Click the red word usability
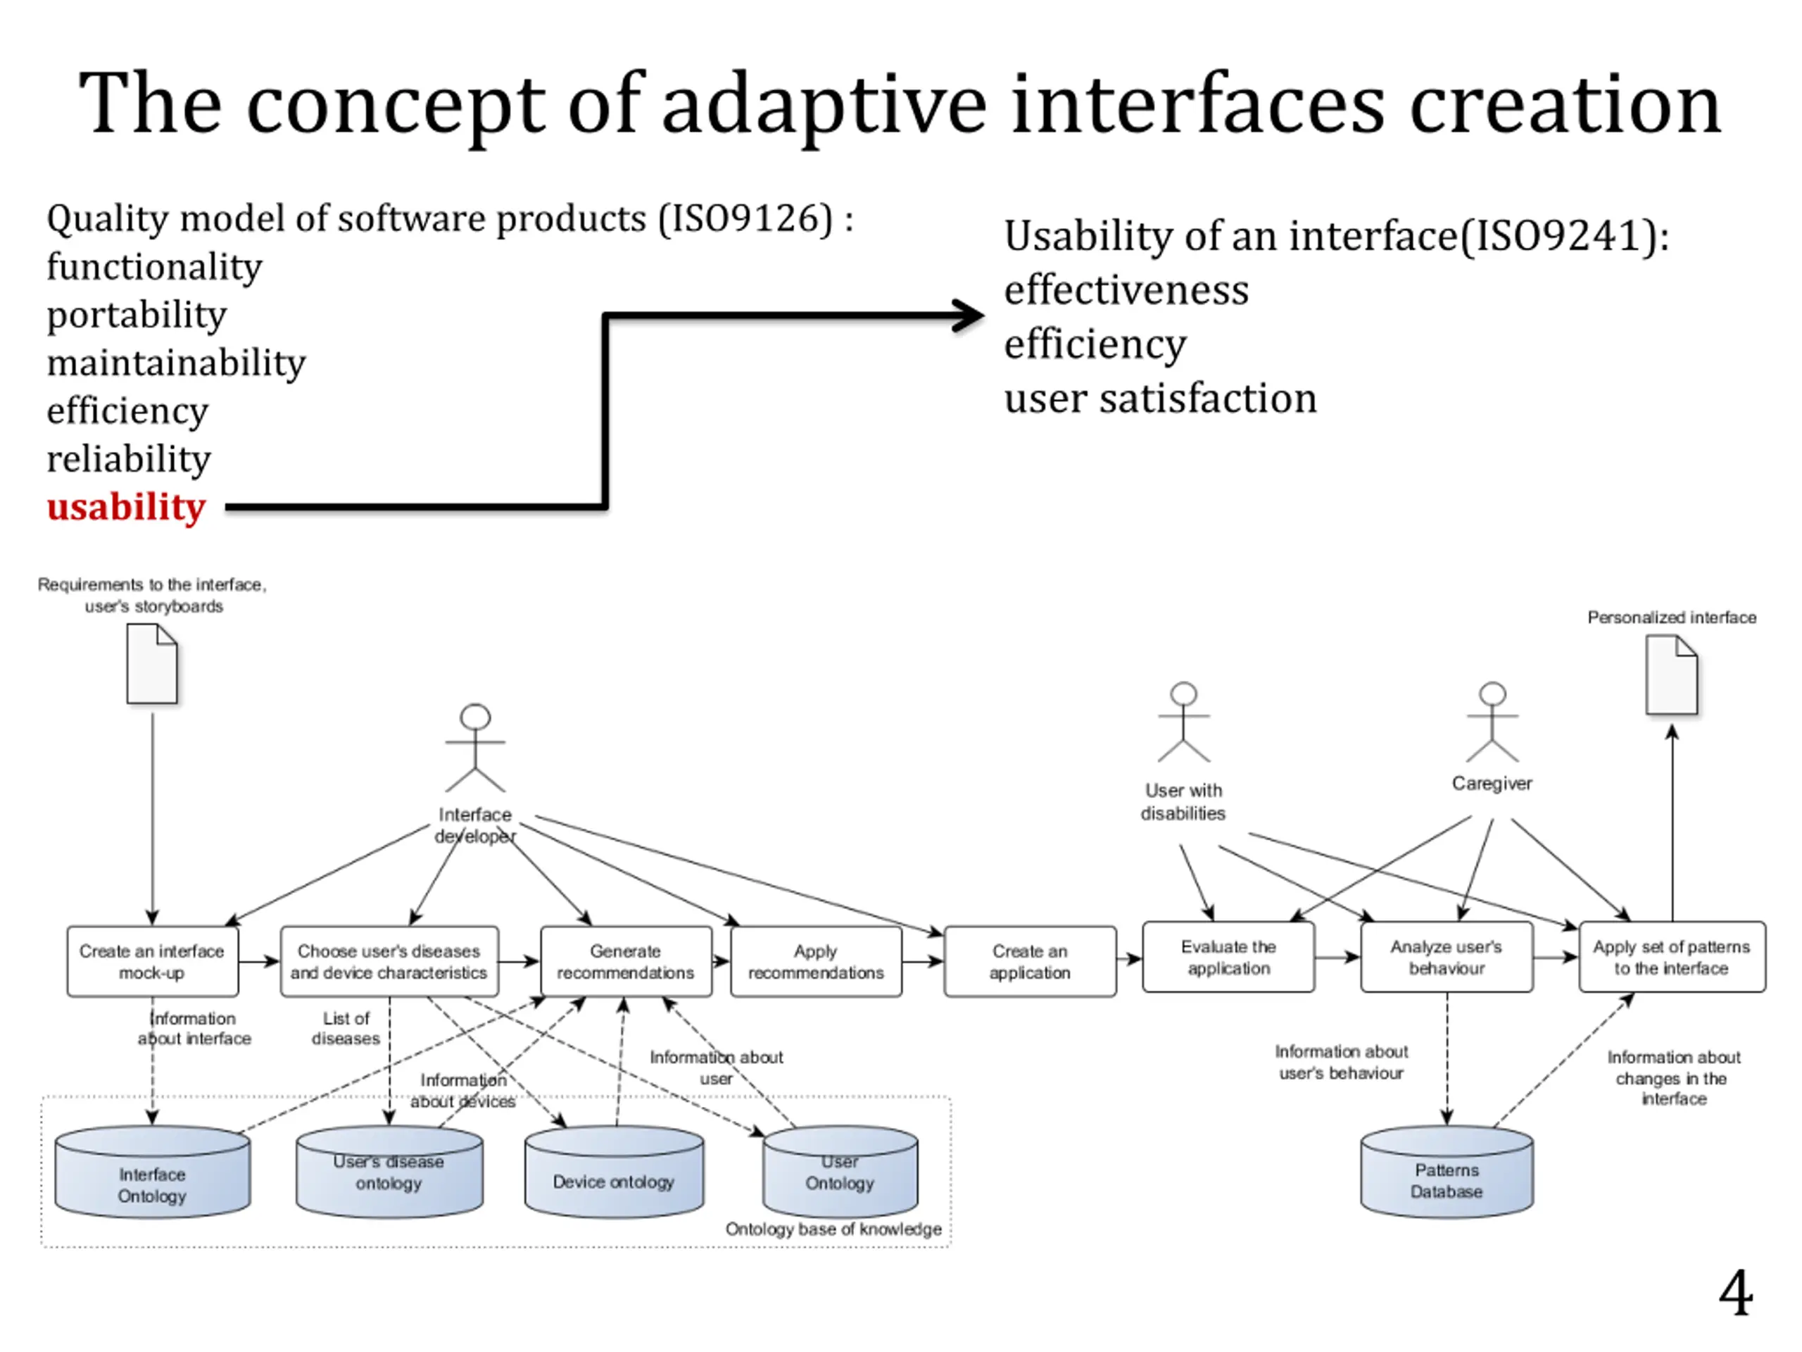pos(126,507)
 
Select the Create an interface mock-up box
pos(152,962)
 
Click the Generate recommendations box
pos(626,962)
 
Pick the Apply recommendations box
pos(815,962)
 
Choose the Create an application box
pos(1030,962)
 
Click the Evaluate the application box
pos(1228,958)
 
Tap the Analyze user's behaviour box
pos(1447,958)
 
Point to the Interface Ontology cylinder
pos(152,1174)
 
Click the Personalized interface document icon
pos(1672,675)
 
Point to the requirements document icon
pos(152,663)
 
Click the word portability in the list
pos(137,315)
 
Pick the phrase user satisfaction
pos(1160,399)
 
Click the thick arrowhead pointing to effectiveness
pos(969,315)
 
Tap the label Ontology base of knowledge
pos(833,1229)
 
